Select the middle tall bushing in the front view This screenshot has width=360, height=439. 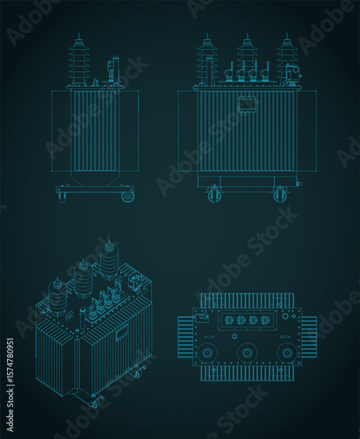[x=247, y=60]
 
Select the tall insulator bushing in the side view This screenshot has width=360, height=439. [x=79, y=61]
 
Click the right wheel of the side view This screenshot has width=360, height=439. [x=127, y=196]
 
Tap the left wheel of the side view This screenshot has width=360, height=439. [x=61, y=195]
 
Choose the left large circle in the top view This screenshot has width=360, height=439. [x=209, y=353]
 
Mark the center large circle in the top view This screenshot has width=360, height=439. [x=247, y=353]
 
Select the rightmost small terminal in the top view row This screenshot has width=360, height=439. [x=266, y=321]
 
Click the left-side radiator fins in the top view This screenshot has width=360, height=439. [x=187, y=337]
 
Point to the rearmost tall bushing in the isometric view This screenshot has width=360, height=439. [x=109, y=259]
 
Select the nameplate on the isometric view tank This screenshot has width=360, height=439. [x=120, y=333]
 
